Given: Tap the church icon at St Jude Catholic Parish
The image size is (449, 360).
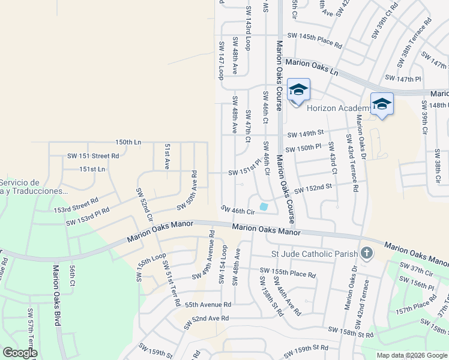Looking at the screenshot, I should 366,253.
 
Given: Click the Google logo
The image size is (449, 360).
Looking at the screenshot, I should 20,353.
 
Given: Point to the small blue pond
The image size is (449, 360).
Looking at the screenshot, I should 264,208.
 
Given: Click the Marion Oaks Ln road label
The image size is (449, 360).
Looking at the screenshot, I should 312,67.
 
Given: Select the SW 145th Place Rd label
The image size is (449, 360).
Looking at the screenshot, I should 315,41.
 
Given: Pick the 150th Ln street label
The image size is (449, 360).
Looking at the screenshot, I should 128,142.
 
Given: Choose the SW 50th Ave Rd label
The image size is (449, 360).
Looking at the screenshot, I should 187,190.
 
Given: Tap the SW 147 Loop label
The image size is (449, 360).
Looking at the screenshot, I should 221,60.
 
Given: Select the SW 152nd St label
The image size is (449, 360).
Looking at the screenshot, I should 313,189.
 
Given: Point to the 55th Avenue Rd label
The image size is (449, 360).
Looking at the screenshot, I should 208,305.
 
